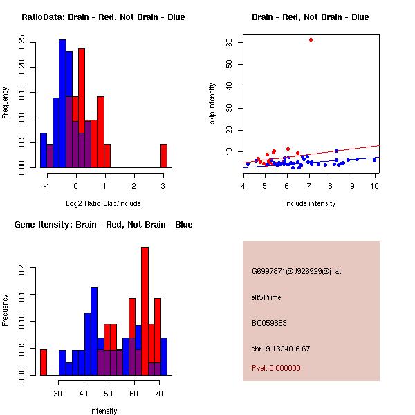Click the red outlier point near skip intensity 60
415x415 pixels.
pyautogui.click(x=311, y=39)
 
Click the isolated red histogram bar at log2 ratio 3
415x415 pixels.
pyautogui.click(x=164, y=156)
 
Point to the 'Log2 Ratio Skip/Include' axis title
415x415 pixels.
pyautogui.click(x=103, y=203)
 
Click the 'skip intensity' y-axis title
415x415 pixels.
pyautogui.click(x=212, y=104)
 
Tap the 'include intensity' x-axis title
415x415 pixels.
pyautogui.click(x=311, y=203)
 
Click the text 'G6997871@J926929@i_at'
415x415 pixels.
pyautogui.click(x=296, y=271)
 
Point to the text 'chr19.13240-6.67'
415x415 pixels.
pyautogui.click(x=281, y=349)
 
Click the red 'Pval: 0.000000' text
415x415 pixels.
pyautogui.click(x=276, y=368)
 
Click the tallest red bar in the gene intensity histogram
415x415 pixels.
pyautogui.click(x=145, y=311)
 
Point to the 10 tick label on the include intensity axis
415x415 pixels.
pyautogui.click(x=374, y=186)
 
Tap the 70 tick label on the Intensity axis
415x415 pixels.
pyautogui.click(x=158, y=394)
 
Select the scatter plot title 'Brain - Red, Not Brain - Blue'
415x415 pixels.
pyautogui.click(x=311, y=17)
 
